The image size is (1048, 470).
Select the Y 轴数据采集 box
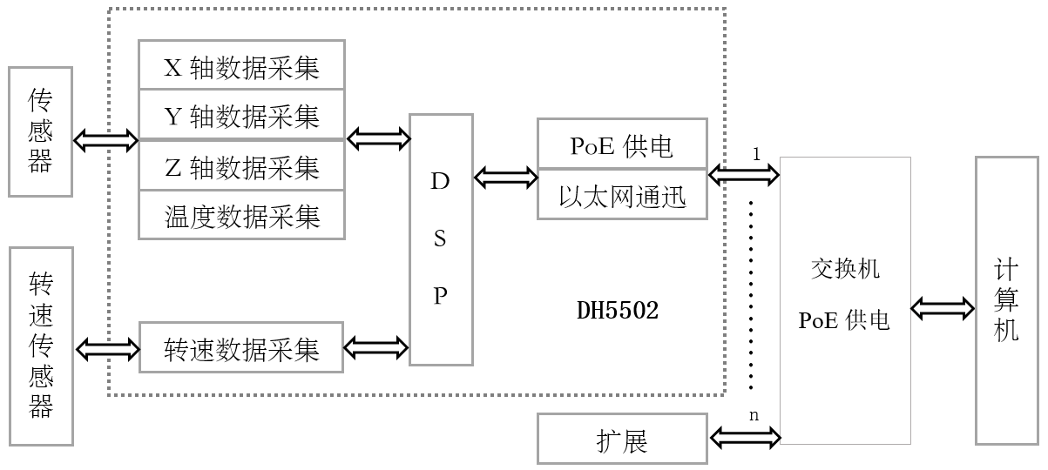pyautogui.click(x=241, y=114)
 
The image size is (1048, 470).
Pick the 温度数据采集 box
pyautogui.click(x=241, y=215)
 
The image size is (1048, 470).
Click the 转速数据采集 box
pyautogui.click(x=241, y=348)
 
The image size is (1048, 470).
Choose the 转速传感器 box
pyautogui.click(x=40, y=346)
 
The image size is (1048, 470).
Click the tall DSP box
pyautogui.click(x=441, y=239)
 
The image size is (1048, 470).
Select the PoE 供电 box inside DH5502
pyautogui.click(x=621, y=144)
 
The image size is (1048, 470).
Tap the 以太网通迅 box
pyautogui.click(x=621, y=196)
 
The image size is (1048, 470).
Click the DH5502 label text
pyautogui.click(x=618, y=311)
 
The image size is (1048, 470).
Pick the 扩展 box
pyautogui.click(x=621, y=439)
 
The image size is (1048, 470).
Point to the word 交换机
pyautogui.click(x=845, y=268)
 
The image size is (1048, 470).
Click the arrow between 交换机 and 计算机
pyautogui.click(x=943, y=308)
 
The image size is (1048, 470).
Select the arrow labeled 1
pyautogui.click(x=744, y=175)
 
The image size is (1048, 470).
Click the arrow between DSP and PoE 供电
pyautogui.click(x=506, y=178)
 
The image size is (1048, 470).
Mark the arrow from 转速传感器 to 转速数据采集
pyautogui.click(x=107, y=350)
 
